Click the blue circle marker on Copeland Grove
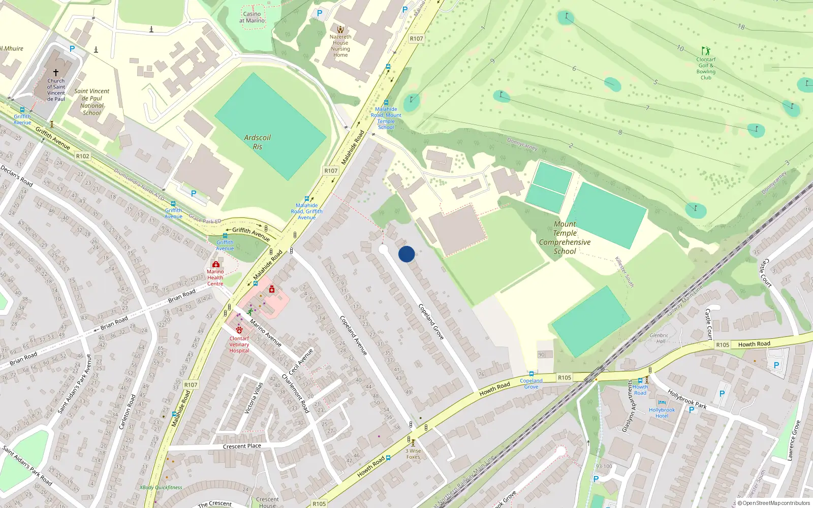407,254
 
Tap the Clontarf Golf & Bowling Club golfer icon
705,51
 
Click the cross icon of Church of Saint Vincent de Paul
56,72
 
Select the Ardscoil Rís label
257,142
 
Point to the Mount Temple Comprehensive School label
565,237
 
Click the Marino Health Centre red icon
216,265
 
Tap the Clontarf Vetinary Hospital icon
239,330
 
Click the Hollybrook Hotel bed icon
662,403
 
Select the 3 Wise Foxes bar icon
413,442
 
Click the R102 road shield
83,156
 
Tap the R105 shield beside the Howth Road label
723,345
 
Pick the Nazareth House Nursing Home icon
340,29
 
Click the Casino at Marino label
252,17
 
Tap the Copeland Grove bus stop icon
531,374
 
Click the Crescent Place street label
242,446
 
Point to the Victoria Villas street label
254,398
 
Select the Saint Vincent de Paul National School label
91,102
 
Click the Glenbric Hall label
659,338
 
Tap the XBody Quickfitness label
161,488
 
